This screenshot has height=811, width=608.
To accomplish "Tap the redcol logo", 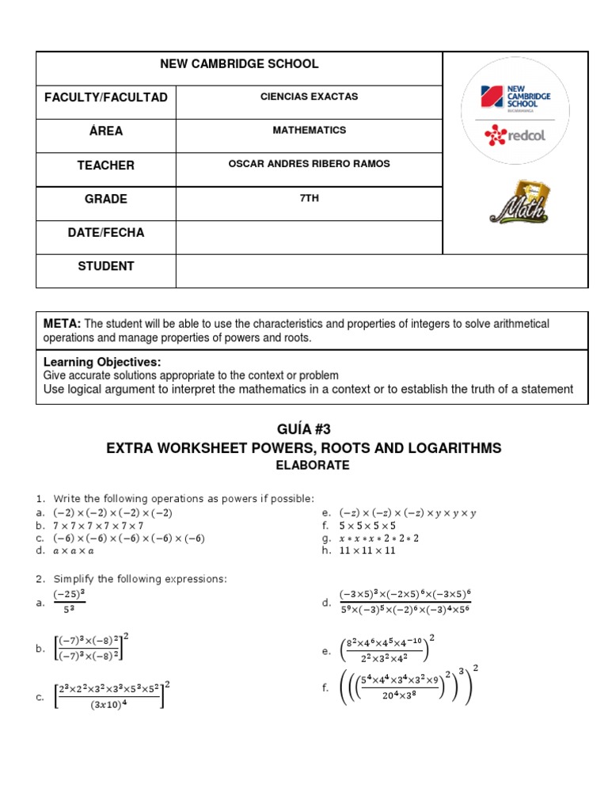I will click(515, 135).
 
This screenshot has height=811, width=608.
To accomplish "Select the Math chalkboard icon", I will click(519, 202).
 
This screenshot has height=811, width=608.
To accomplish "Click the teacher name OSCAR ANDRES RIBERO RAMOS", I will click(309, 164).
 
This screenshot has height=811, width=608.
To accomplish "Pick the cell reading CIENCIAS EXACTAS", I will click(309, 97).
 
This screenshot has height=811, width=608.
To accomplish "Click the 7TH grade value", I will click(309, 198).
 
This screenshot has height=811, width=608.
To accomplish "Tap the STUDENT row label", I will click(105, 266).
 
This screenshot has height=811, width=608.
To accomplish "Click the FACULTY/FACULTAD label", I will click(105, 97).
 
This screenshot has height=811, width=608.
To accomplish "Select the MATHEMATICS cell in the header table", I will click(309, 130).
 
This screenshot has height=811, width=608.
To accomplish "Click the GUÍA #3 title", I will click(303, 430).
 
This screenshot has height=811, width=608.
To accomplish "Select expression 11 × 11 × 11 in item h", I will click(367, 550).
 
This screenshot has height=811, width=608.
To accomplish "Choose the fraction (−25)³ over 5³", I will click(69, 603).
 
